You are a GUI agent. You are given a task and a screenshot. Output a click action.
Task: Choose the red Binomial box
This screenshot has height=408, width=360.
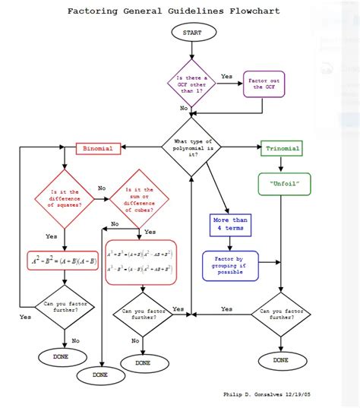[99, 148]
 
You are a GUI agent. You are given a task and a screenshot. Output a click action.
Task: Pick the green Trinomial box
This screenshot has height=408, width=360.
[282, 148]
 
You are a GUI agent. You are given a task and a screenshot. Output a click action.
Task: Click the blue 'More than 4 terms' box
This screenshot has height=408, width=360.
[230, 226]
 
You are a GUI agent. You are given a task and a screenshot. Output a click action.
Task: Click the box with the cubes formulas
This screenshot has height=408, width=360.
[141, 263]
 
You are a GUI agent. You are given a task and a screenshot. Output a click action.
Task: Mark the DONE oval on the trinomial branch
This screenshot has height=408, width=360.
[280, 359]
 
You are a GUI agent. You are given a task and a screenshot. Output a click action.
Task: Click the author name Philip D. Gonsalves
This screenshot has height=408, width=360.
[253, 394]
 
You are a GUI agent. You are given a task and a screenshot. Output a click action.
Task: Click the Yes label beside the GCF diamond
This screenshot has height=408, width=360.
[226, 77]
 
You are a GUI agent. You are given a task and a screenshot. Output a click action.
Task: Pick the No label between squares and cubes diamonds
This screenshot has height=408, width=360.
[102, 188]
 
